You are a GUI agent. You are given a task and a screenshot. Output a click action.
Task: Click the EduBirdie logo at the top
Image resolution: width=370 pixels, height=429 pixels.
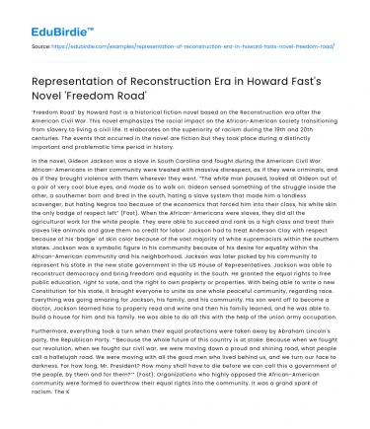[46, 14]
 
